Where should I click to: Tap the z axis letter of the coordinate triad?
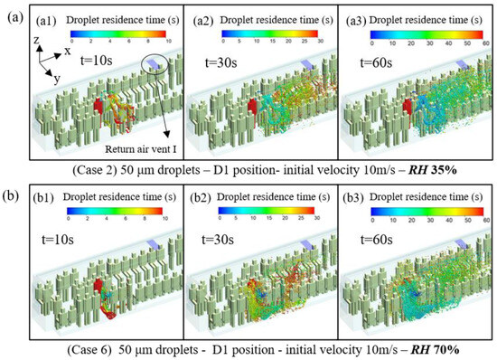pyautogui.click(x=33, y=40)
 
